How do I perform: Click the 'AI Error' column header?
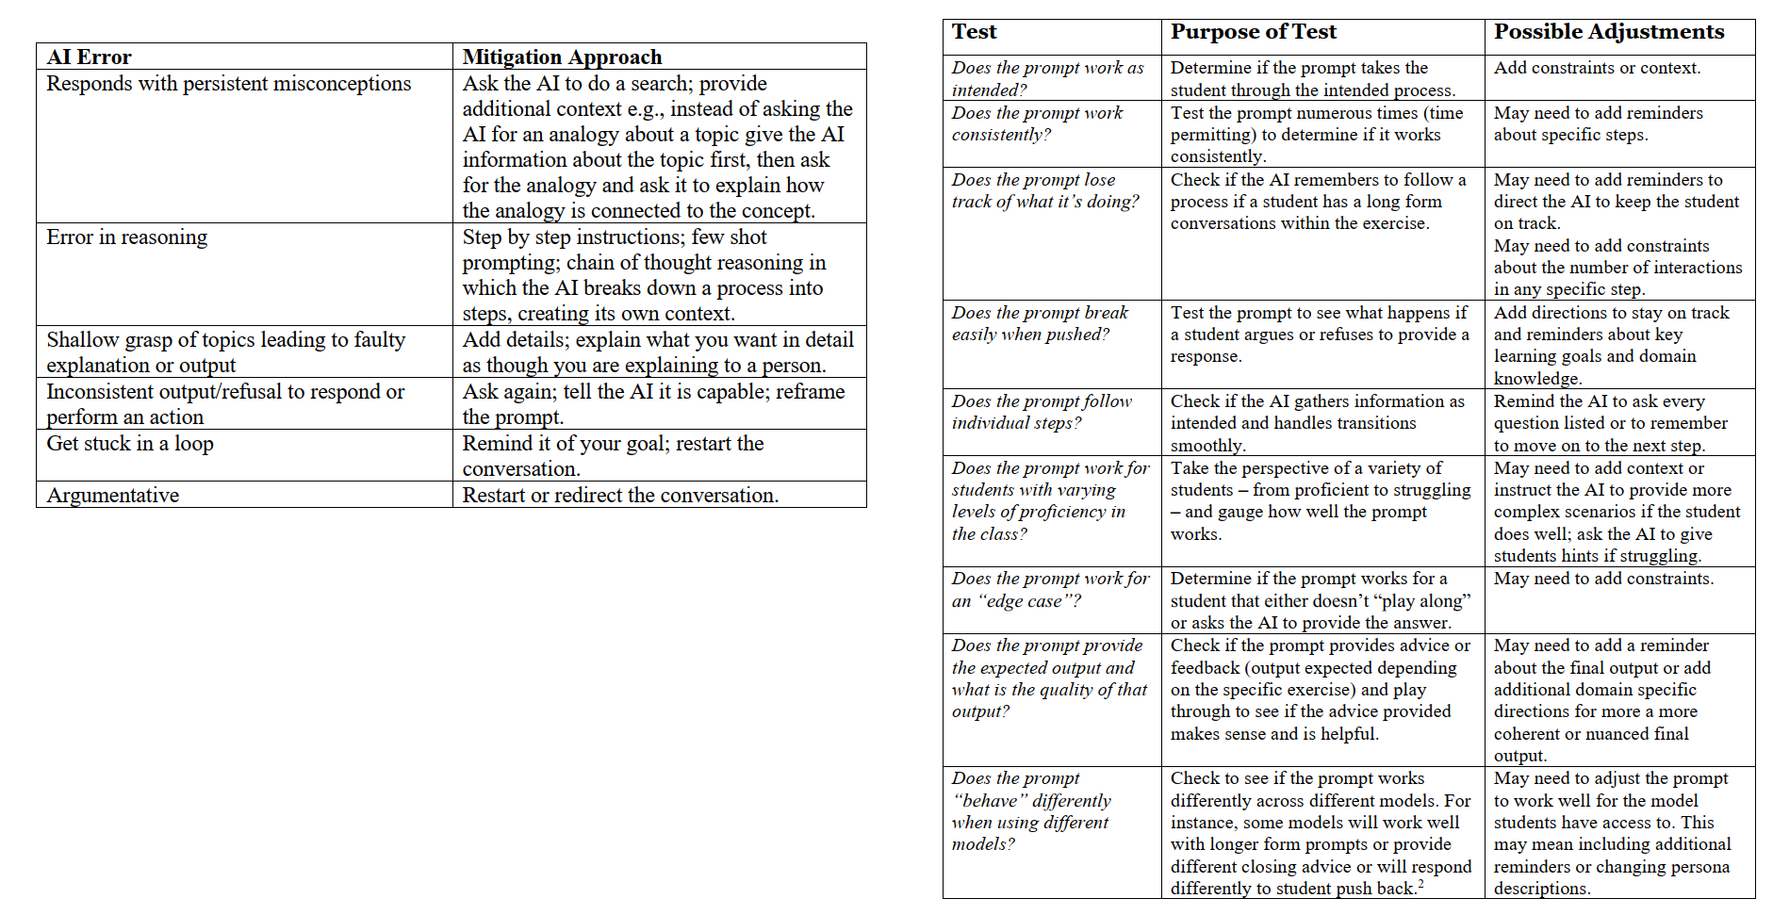coord(90,57)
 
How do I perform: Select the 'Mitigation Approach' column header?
coord(562,57)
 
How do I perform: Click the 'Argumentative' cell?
coord(113,495)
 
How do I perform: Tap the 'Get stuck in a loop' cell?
coord(130,443)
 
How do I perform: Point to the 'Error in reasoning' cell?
coord(126,237)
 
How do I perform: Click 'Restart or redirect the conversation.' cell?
coord(620,495)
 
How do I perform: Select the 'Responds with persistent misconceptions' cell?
coord(229,83)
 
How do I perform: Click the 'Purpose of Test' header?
coord(1253,32)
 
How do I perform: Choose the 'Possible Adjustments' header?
coord(1608,32)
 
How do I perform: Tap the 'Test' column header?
coord(974,32)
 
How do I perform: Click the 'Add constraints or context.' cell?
coord(1597,68)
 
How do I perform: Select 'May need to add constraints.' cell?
coord(1603,579)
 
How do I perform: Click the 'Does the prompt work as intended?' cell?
coord(1047,78)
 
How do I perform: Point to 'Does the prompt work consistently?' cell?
coord(1037,123)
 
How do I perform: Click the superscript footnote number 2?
coord(1420,883)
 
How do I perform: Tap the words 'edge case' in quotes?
coord(1024,601)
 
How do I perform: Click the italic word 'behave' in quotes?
coord(990,801)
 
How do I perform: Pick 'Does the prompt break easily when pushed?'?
coord(1040,323)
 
